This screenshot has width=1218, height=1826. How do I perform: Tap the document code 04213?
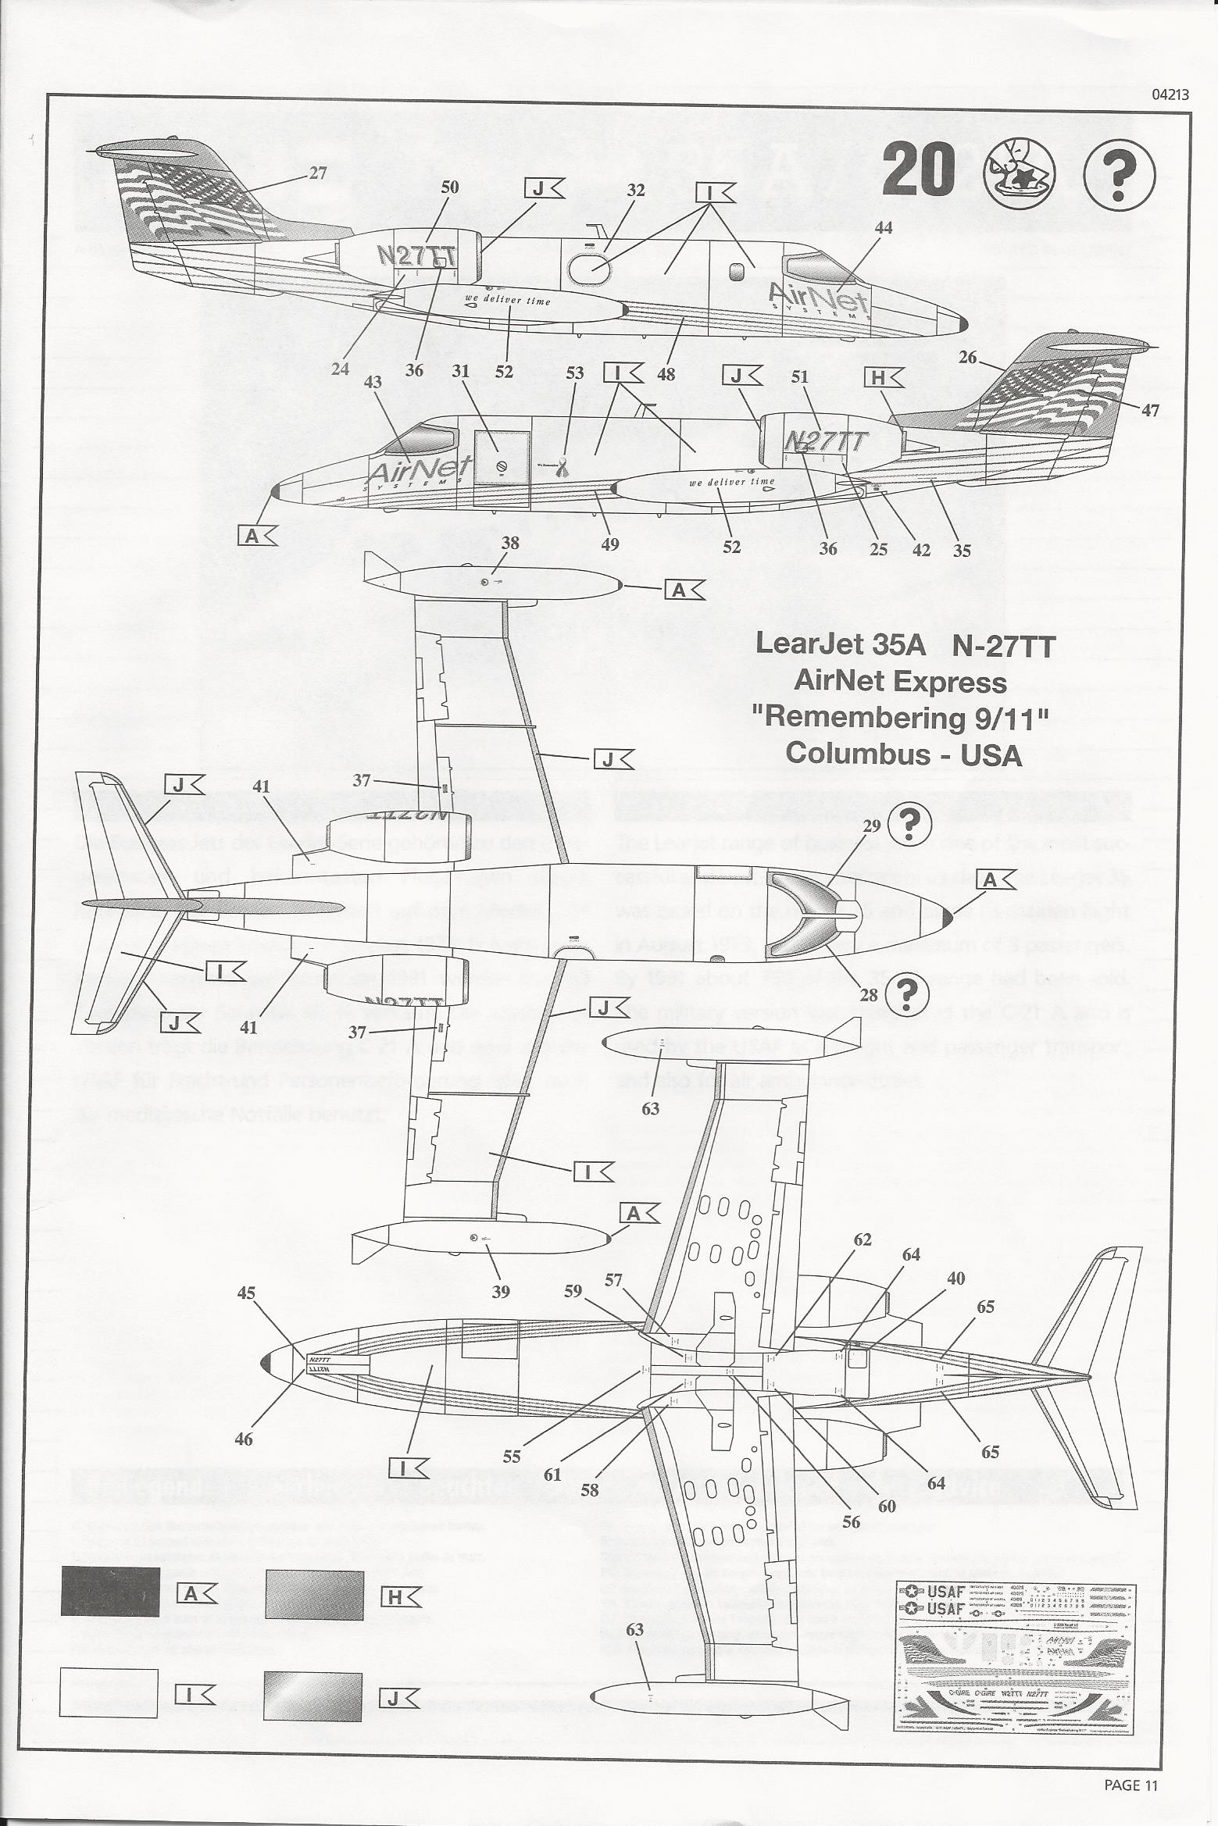tap(1170, 95)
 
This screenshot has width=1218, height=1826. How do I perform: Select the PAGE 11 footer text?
tap(1130, 1785)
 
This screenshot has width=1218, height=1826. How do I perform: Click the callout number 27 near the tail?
tap(317, 173)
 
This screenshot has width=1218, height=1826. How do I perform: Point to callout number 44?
tap(884, 227)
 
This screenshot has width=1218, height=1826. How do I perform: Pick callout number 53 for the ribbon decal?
tap(574, 373)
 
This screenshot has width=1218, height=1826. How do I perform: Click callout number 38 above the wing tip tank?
tap(510, 543)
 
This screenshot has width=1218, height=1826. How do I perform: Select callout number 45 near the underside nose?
tap(246, 1293)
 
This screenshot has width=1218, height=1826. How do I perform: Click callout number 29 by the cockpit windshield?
tap(872, 826)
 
